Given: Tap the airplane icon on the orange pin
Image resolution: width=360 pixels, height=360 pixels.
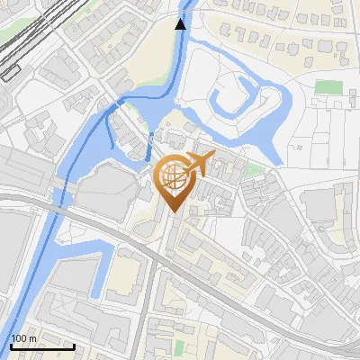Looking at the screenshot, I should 198,164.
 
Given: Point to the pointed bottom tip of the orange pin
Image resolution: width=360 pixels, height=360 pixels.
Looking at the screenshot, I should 175,212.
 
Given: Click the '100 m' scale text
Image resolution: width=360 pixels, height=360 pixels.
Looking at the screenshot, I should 24,337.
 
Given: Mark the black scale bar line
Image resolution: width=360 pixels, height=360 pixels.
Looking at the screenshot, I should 42,346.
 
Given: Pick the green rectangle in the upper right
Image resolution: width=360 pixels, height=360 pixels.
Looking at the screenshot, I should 329,87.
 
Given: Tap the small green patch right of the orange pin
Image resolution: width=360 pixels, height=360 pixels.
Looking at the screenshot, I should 255,169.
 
